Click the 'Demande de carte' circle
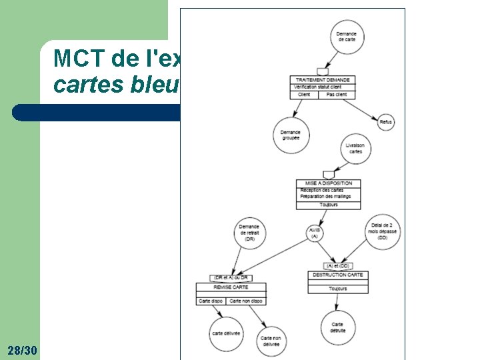pos(346,37)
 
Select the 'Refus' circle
pos(385,122)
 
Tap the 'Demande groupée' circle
pos(291,135)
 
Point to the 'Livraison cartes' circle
pos(355,149)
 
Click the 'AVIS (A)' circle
pos(315,233)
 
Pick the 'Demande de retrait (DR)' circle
pos(249,233)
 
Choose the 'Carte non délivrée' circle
pos(271,341)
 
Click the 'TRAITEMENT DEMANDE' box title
pos(323,80)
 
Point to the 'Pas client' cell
pos(337,95)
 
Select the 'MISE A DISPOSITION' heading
pos(329,183)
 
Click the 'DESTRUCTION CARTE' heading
pos(337,275)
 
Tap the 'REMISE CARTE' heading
pos(231,287)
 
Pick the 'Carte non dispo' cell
pos(246,301)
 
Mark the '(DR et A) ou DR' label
pos(231,277)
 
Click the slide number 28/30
pos(23,350)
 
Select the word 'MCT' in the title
pos(75,59)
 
